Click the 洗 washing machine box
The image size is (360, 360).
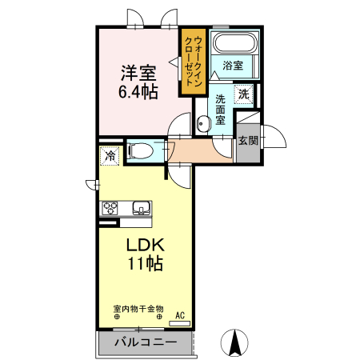tap(243, 94)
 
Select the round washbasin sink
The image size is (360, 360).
tap(202, 123)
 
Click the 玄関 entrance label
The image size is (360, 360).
tap(247, 141)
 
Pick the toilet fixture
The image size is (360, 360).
tap(142, 150)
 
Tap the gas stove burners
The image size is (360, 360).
tap(110, 209)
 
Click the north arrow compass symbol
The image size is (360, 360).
tap(236, 342)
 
